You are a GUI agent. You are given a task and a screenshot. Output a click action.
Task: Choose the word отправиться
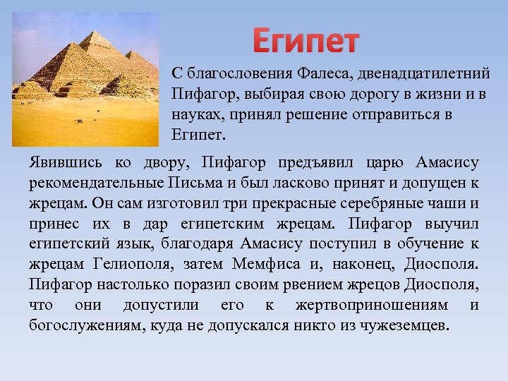click(x=395, y=114)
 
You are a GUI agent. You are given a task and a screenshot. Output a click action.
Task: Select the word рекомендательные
click(x=97, y=183)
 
